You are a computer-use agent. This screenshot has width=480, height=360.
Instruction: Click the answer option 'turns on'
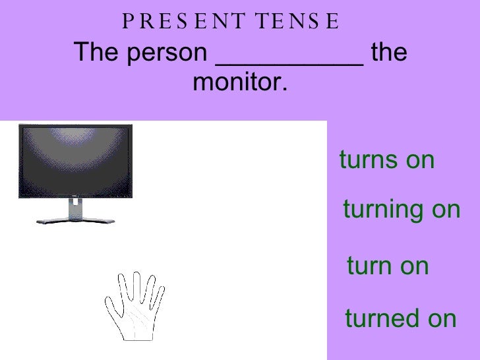coord(387,160)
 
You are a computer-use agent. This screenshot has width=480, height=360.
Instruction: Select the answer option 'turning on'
coord(402,210)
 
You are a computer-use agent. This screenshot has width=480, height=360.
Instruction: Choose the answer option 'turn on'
coord(388,266)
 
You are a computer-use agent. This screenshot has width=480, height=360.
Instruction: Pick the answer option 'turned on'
coord(400,318)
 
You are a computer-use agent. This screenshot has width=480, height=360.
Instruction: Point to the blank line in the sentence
coord(289,63)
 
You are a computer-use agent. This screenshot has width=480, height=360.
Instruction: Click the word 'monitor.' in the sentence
coord(241,84)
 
